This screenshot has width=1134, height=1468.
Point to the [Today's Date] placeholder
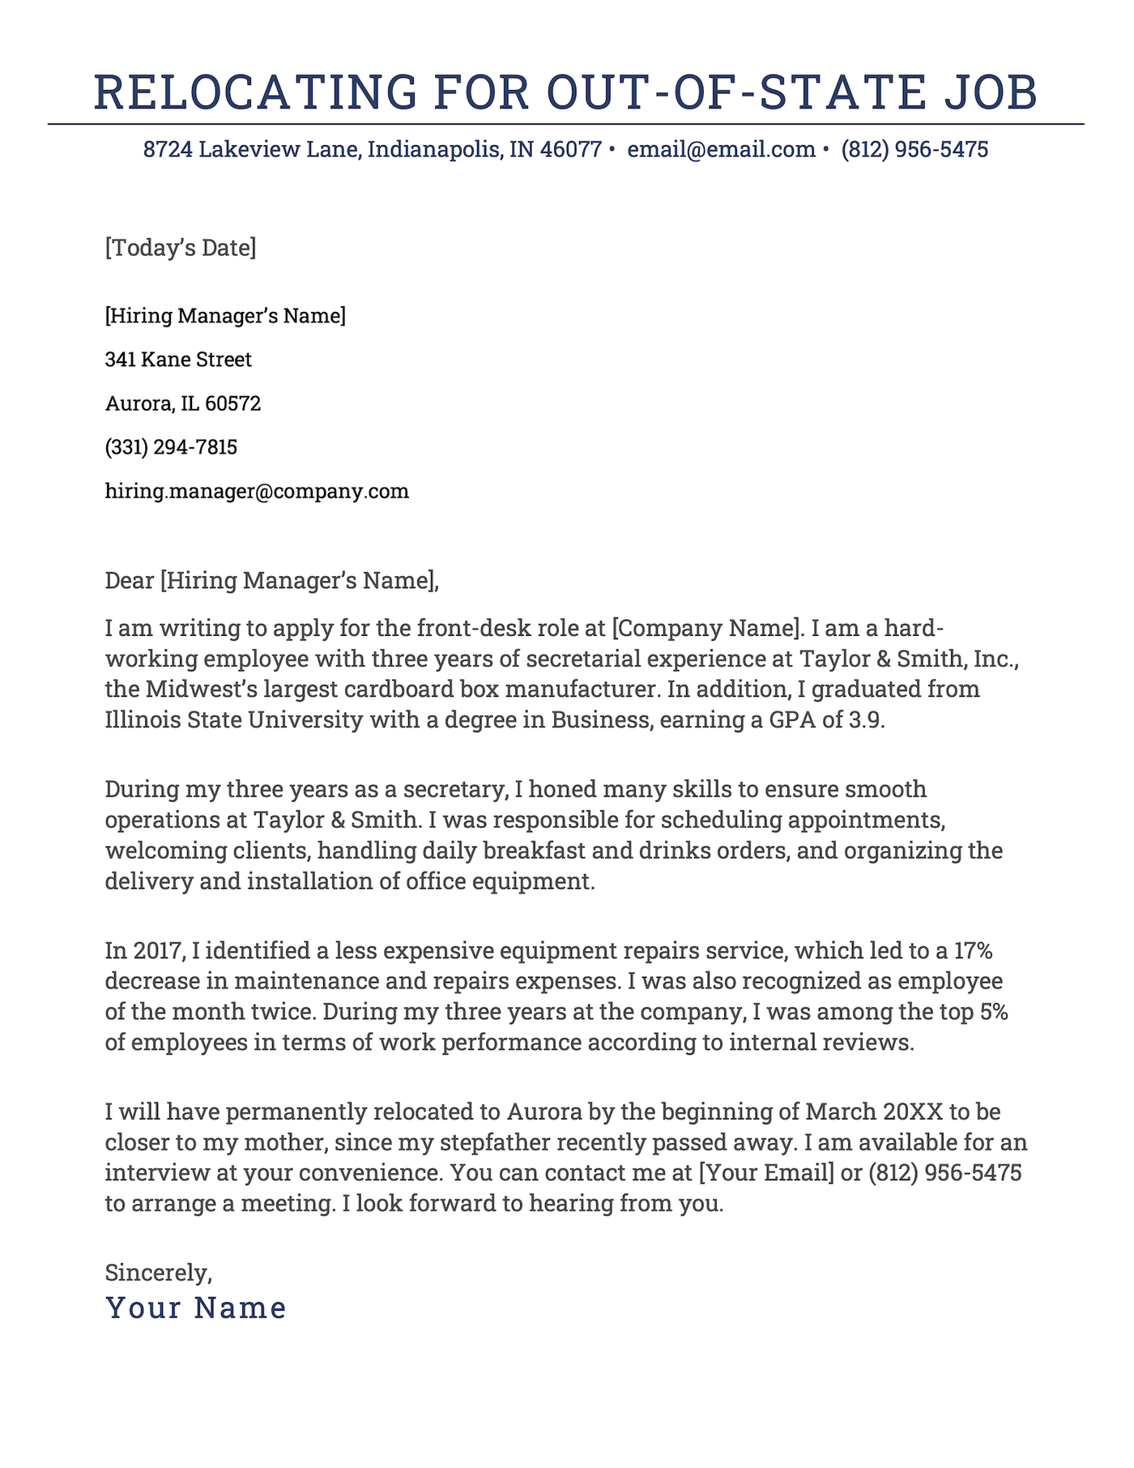pyautogui.click(x=180, y=247)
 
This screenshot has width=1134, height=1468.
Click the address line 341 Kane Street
pyautogui.click(x=178, y=359)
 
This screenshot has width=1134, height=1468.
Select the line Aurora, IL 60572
pyautogui.click(x=182, y=403)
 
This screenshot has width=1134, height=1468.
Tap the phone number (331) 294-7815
pyautogui.click(x=171, y=447)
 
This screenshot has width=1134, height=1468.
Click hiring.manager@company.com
pyautogui.click(x=257, y=491)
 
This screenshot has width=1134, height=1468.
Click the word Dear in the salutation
pyautogui.click(x=130, y=580)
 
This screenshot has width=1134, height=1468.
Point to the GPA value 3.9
pyautogui.click(x=868, y=720)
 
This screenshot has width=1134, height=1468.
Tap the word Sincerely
pyautogui.click(x=158, y=1272)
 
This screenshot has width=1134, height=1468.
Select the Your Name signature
pyautogui.click(x=196, y=1308)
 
